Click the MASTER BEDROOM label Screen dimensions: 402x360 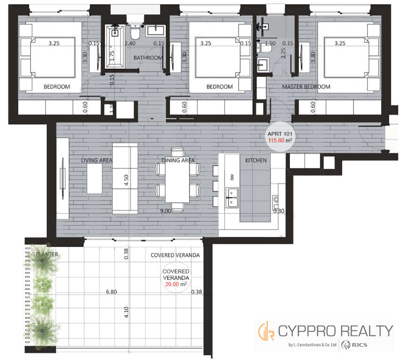point(306,87)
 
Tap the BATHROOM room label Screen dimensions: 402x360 point(148,57)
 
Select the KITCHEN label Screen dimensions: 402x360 point(256,160)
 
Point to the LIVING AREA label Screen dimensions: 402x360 point(97,160)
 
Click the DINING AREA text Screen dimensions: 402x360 point(178,160)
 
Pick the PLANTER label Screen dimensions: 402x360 point(47,254)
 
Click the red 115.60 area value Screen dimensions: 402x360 point(276,140)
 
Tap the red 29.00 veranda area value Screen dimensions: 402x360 point(172,284)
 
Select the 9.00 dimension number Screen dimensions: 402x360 point(165,211)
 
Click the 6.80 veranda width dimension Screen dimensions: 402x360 point(112,292)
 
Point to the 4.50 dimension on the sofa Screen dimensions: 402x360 point(126,180)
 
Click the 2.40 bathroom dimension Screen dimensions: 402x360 point(130,43)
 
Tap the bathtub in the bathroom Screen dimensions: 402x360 point(115,46)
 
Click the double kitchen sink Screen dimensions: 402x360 point(232,197)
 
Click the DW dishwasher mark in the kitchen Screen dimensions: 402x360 point(232,177)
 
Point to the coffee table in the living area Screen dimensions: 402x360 point(94,179)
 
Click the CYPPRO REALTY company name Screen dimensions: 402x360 point(336,331)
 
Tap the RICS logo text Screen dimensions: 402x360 point(360,345)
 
